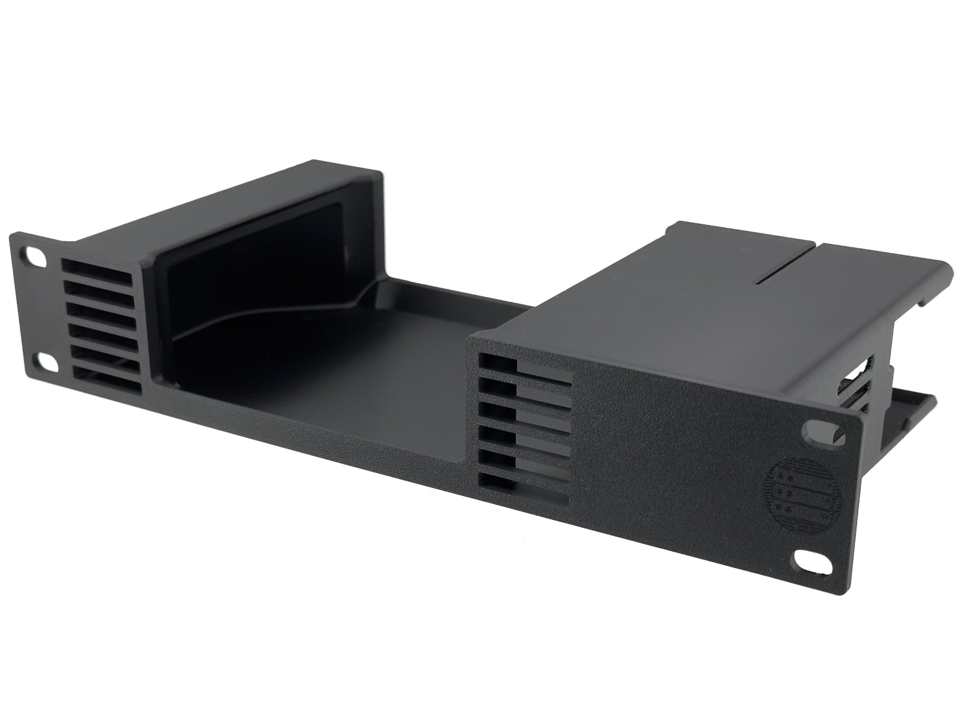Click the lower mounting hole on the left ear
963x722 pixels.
tap(44, 362)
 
